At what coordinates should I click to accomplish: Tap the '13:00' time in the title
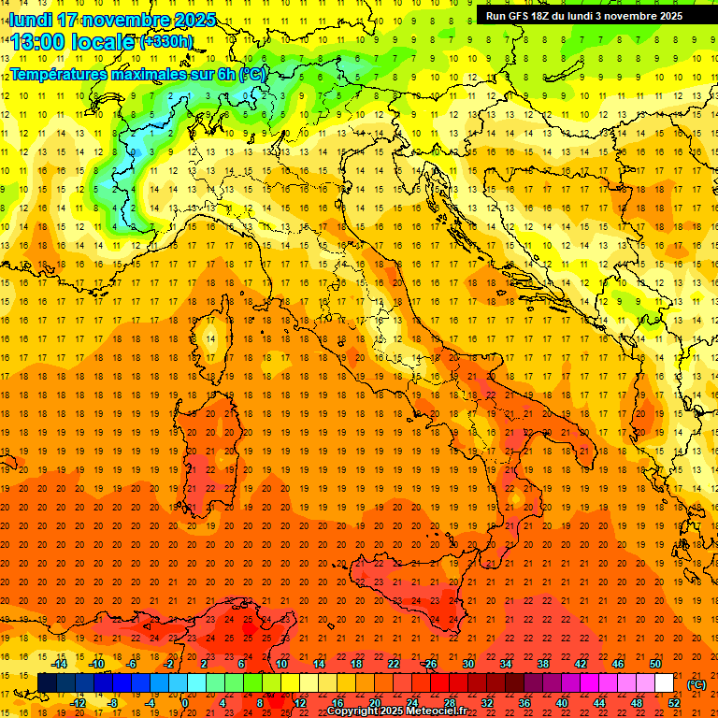pos(38,42)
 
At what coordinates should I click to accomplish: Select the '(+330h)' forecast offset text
pos(166,42)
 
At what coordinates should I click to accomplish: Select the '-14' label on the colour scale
pos(58,664)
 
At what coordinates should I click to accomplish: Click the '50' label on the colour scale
pos(655,664)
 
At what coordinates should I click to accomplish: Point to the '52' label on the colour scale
pos(674,703)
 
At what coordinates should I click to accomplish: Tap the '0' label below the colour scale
pos(184,703)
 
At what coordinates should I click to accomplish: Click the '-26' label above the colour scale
pos(429,664)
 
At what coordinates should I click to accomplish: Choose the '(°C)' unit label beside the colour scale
pos(696,683)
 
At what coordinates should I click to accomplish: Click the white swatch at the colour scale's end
pos(665,683)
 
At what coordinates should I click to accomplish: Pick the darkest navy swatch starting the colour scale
pos(47,683)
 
